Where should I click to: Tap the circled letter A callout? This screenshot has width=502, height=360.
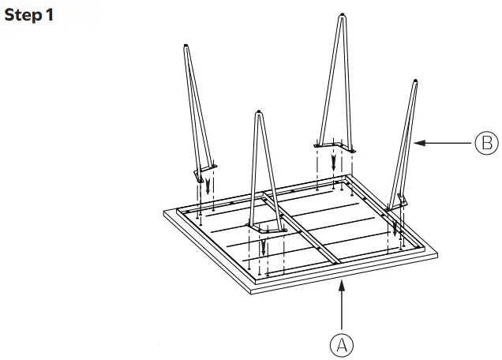click(x=342, y=344)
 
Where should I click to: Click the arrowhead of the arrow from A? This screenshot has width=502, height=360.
click(x=342, y=286)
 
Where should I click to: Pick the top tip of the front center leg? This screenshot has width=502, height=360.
click(x=258, y=115)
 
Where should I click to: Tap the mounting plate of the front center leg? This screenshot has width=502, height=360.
click(x=264, y=227)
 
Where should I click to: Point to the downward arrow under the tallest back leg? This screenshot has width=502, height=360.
click(x=335, y=163)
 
